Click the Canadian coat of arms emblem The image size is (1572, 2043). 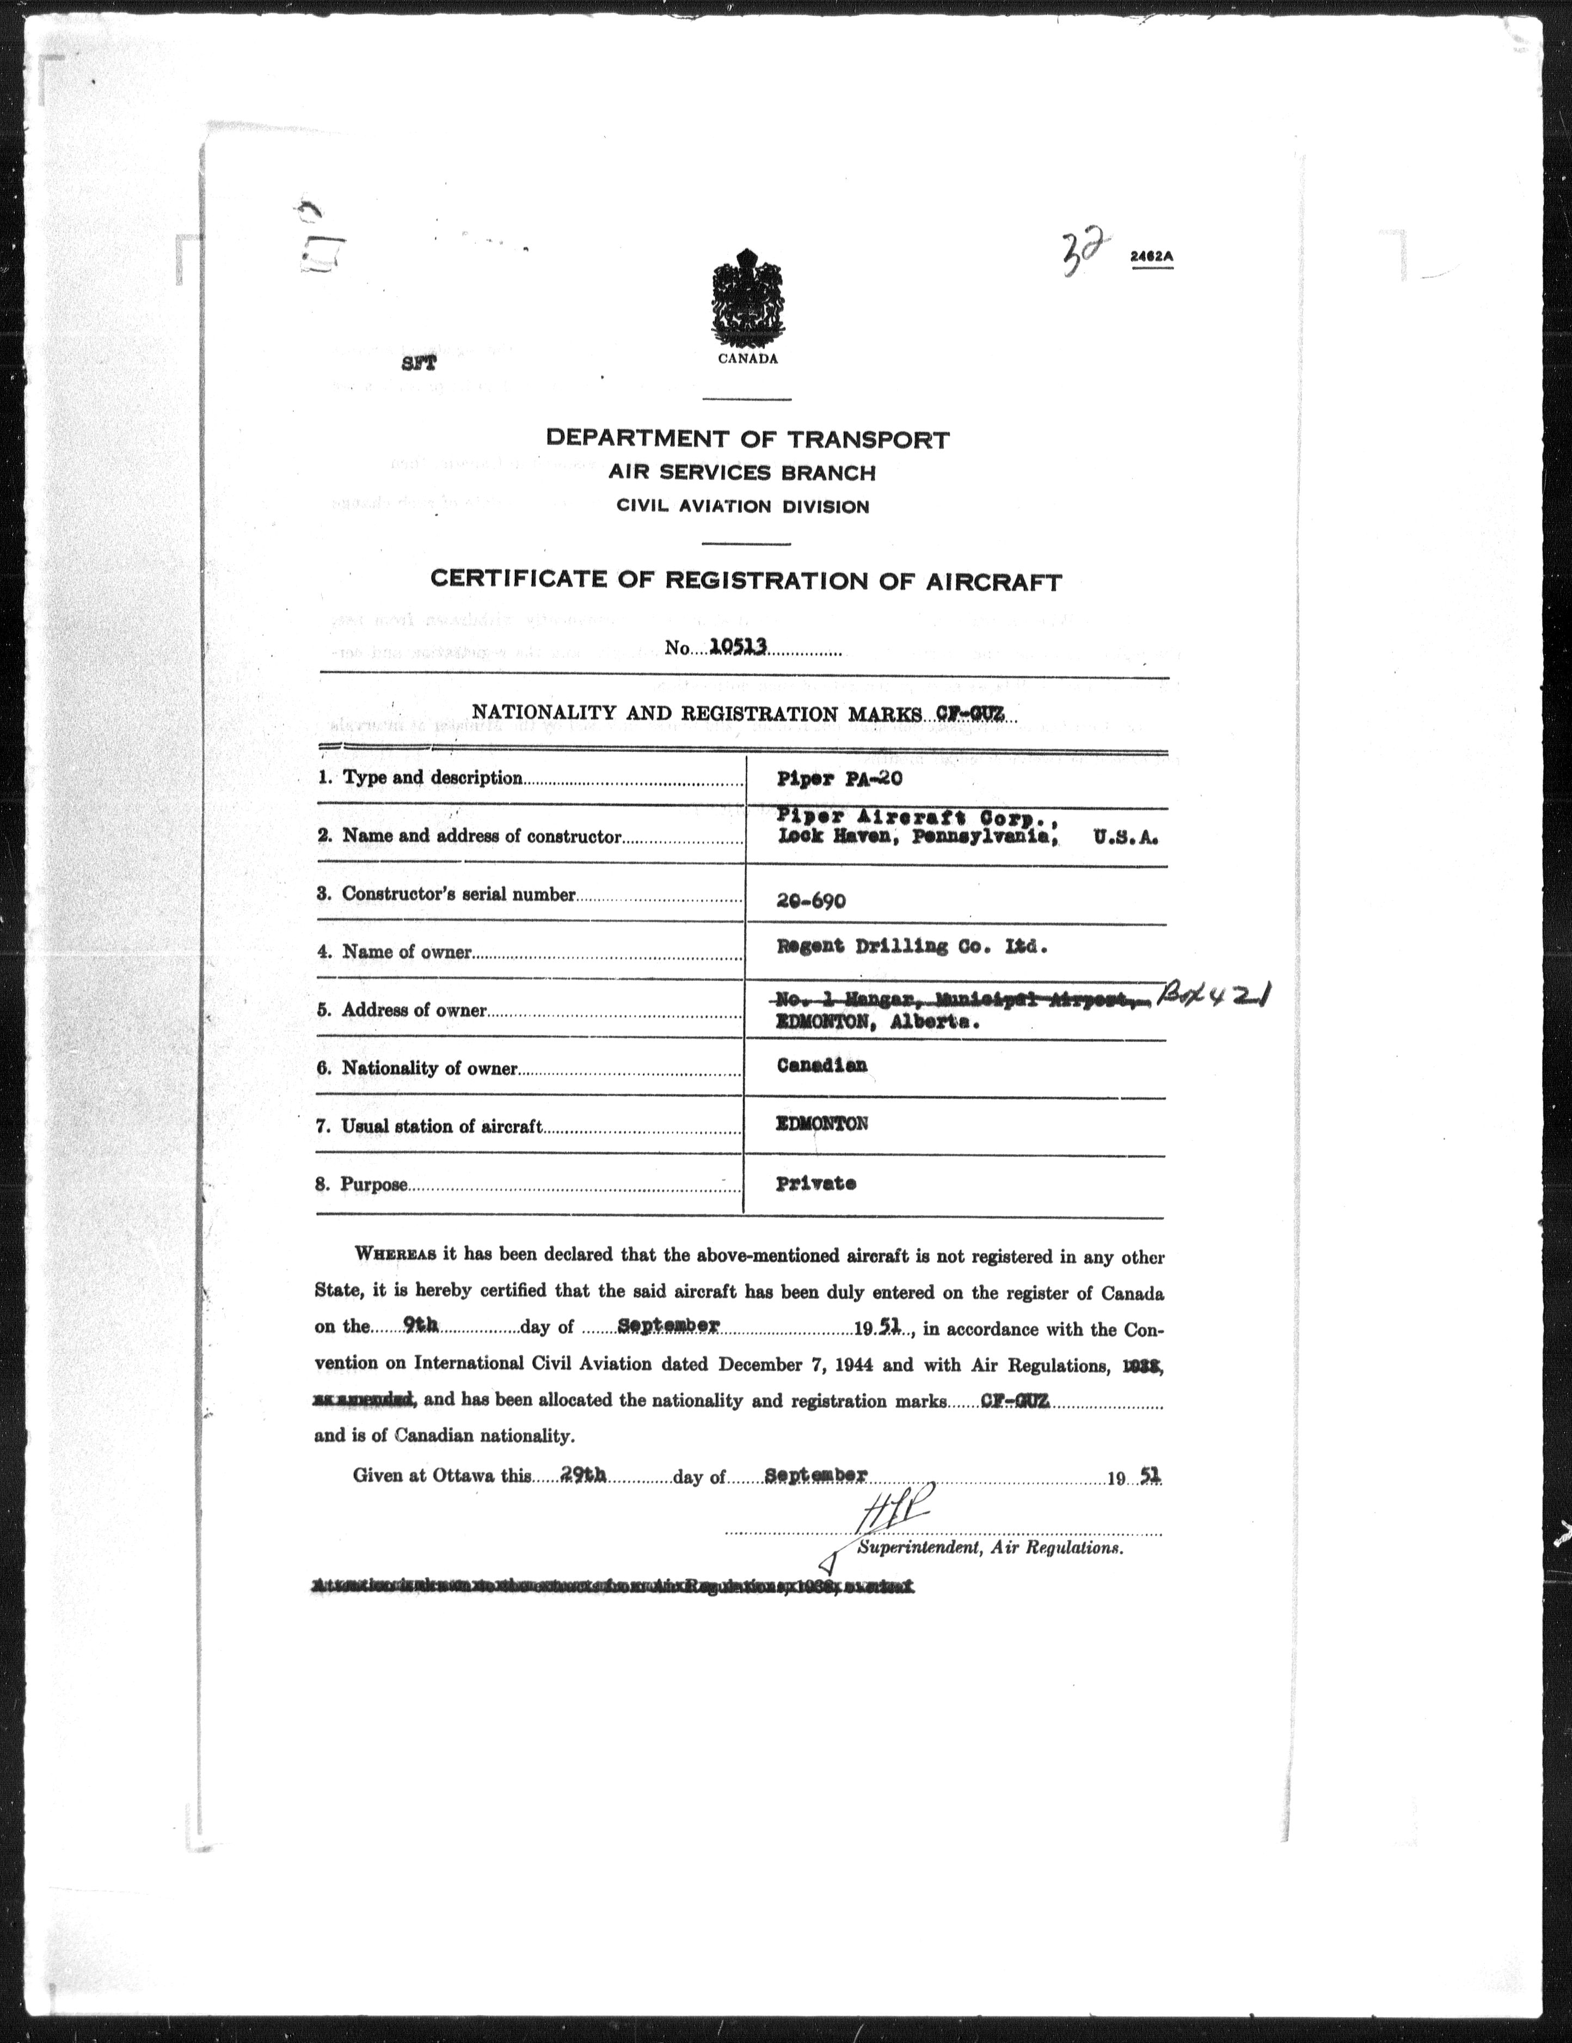click(x=747, y=299)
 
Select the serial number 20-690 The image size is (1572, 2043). click(x=811, y=901)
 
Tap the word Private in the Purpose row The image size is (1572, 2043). click(x=815, y=1183)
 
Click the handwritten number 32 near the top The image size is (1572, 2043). click(x=1080, y=250)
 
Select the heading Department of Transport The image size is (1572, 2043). click(x=747, y=439)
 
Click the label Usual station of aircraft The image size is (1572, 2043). click(x=441, y=1126)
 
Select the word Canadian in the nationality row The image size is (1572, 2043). click(x=821, y=1066)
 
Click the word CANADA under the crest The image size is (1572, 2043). click(x=747, y=359)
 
